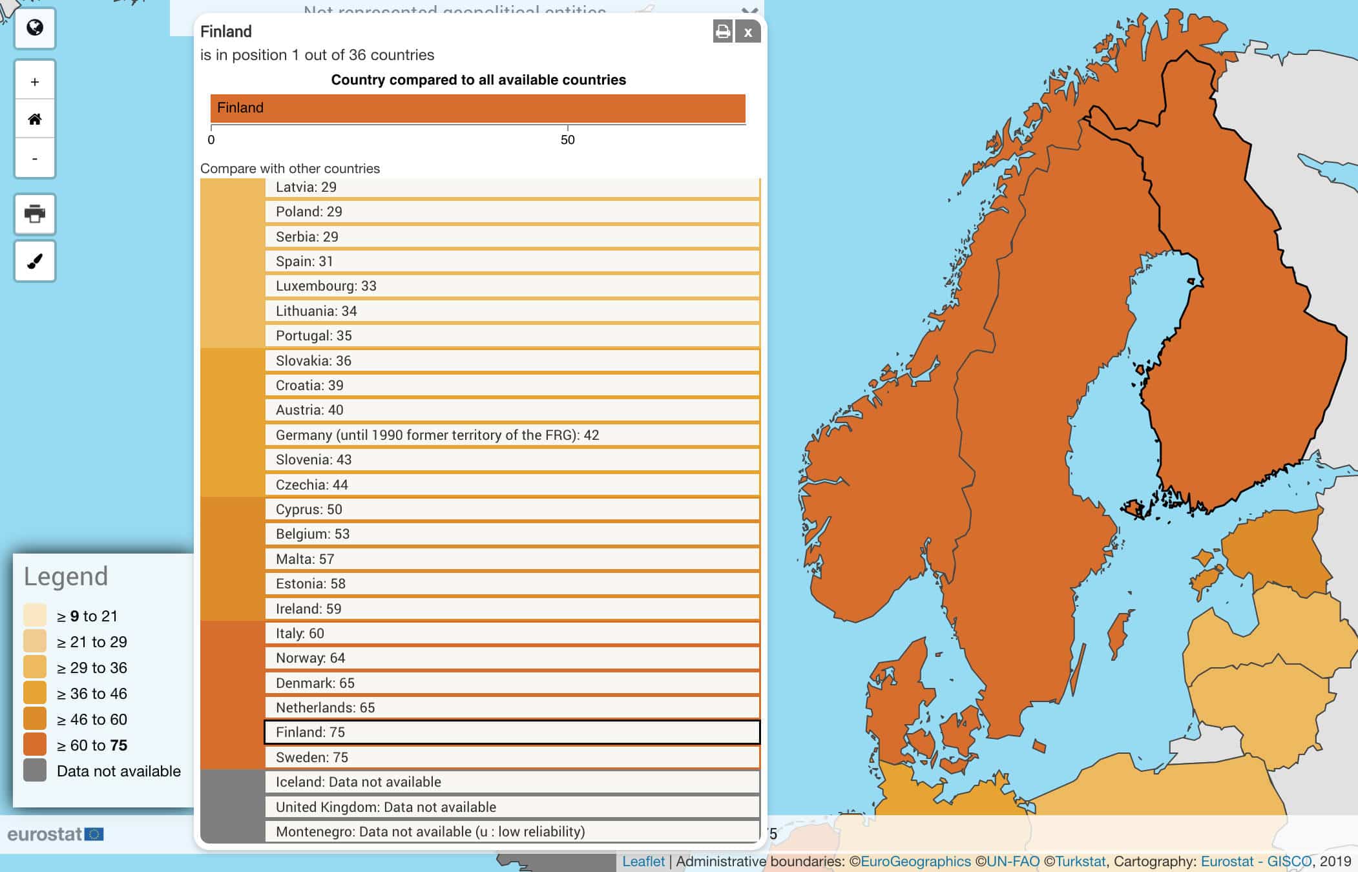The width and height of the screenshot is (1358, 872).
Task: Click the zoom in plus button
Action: [x=35, y=81]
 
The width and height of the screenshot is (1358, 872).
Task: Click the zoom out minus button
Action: [x=35, y=158]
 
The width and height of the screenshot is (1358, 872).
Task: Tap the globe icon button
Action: [x=35, y=28]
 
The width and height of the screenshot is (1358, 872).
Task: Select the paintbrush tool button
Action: [x=35, y=261]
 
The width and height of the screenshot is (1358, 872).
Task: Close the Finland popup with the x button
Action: [x=747, y=32]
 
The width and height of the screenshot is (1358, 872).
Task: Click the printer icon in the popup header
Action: [x=723, y=32]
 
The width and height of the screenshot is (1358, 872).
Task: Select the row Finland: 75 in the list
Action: [x=512, y=732]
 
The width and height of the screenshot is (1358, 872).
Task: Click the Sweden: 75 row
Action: [x=512, y=757]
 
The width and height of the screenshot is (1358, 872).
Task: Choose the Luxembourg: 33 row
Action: [x=512, y=286]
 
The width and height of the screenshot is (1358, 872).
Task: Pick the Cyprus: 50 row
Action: [x=512, y=509]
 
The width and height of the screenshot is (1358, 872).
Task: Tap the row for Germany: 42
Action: [x=512, y=435]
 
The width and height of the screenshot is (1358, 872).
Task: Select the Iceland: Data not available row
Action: [x=512, y=782]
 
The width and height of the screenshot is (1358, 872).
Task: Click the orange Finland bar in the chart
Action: [x=477, y=108]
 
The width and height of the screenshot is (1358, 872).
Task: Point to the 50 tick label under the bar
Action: [x=567, y=140]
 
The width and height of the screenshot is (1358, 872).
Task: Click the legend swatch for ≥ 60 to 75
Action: [x=35, y=744]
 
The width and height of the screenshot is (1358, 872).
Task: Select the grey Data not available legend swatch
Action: [x=35, y=770]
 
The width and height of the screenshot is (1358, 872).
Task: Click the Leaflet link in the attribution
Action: [x=643, y=861]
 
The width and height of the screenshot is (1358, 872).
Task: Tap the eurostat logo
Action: [x=56, y=834]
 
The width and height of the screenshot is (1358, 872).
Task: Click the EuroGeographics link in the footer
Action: [x=915, y=861]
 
